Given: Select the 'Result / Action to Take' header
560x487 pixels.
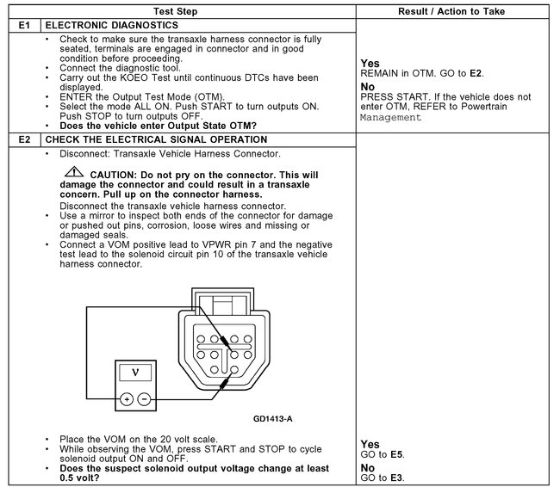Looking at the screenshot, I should (452, 11).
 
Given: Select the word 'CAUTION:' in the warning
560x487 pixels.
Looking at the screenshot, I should (113, 175).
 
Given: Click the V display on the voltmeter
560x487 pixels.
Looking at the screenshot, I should (134, 373).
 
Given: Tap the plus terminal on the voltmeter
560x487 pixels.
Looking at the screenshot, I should (126, 399).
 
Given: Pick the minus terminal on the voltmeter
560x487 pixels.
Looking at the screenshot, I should (143, 399).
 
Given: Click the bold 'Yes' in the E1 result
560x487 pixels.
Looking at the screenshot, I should (370, 63).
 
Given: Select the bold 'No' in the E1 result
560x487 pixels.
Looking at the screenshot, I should (368, 87).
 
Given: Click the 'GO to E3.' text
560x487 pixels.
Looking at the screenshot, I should (383, 478).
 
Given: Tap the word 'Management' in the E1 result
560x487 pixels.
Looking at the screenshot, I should (391, 117).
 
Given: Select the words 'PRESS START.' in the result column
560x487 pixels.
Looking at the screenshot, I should (392, 97).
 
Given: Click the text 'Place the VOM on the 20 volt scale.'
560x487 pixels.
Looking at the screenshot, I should (138, 439).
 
